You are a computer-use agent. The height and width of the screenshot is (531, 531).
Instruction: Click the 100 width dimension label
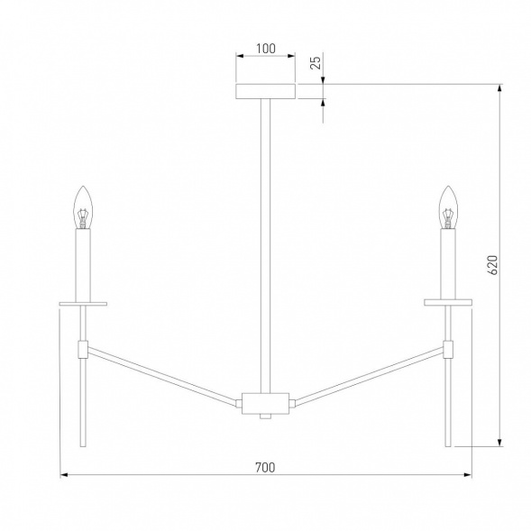tap(265, 49)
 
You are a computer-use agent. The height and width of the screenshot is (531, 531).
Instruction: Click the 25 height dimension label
tap(316, 62)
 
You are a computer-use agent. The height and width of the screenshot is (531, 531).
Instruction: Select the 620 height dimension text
tap(493, 265)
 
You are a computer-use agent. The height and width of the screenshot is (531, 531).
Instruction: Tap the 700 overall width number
tap(265, 467)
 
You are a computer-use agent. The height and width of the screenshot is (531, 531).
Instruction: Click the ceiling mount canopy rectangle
tap(265, 91)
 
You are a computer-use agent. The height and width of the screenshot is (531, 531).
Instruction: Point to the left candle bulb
tap(83, 207)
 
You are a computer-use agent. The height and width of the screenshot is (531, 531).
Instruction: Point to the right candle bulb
tap(448, 207)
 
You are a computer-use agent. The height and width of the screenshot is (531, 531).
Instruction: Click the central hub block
tap(265, 403)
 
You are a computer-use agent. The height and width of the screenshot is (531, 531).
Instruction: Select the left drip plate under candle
tap(83, 304)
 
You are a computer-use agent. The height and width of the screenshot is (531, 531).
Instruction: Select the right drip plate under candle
tap(448, 302)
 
